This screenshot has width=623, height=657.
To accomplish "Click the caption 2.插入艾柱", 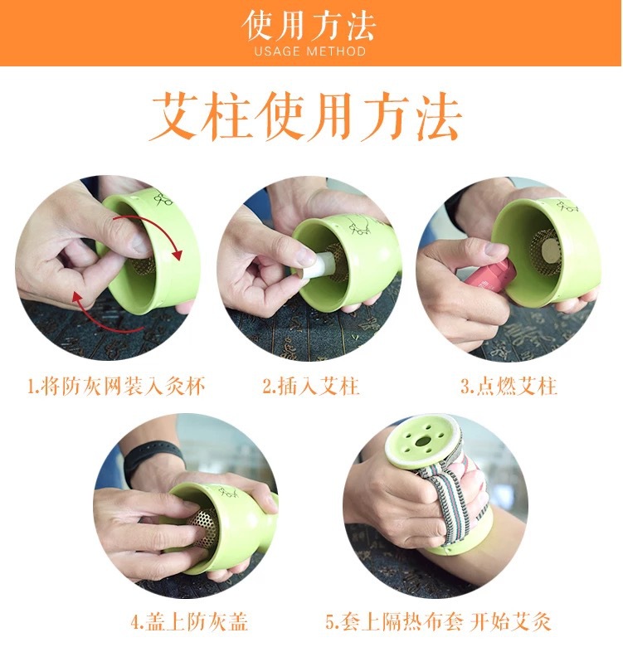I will coord(311,386).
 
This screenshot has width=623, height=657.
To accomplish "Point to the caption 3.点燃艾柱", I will coord(509,386).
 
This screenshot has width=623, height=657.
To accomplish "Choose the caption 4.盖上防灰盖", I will coord(188,621).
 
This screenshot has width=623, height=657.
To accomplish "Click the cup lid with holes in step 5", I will coord(425,444).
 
